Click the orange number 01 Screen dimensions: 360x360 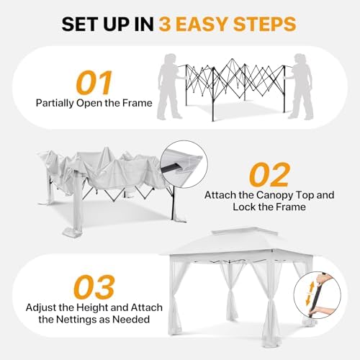[94, 83]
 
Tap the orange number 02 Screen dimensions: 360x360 [269, 174]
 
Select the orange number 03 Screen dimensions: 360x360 [94, 287]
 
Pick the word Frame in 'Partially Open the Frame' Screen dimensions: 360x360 [138, 103]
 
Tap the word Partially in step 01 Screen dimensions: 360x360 [55, 104]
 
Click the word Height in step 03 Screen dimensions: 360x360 [94, 308]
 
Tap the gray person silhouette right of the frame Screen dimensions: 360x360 [300, 86]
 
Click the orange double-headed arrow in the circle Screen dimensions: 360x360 [310, 293]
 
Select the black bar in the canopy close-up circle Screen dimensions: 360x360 [171, 168]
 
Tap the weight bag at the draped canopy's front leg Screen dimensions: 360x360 [71, 233]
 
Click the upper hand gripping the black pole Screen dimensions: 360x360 [323, 279]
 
